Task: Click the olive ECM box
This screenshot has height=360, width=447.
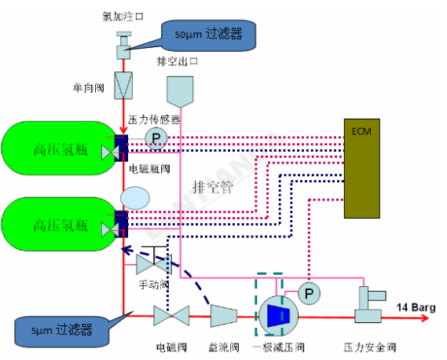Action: [x=361, y=168]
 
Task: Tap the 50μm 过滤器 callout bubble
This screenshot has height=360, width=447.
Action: [x=208, y=35]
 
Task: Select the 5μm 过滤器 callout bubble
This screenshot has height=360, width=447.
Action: [x=61, y=331]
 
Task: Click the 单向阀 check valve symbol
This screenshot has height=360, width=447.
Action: [x=123, y=86]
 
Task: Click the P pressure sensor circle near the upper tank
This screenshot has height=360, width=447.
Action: [x=156, y=138]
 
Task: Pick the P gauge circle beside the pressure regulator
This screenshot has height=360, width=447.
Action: [x=310, y=293]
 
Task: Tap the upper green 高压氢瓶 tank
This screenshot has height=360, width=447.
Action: [x=60, y=148]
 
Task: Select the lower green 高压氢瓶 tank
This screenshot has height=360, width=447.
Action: [x=60, y=224]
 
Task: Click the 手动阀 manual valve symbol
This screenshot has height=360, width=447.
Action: [x=154, y=260]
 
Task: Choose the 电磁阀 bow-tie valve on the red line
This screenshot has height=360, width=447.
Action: [x=171, y=316]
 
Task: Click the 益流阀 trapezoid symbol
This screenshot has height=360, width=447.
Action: [x=224, y=316]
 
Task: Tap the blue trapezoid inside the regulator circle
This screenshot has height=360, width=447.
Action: [x=279, y=316]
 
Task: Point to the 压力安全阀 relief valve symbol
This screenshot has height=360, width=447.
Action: [x=370, y=305]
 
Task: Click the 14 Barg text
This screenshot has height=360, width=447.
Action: [x=416, y=307]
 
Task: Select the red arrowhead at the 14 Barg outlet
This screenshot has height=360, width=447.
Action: [x=426, y=318]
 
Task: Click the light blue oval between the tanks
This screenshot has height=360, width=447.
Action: [x=135, y=198]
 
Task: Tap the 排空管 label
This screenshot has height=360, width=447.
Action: [x=213, y=187]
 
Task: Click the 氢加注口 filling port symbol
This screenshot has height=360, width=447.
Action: [x=123, y=46]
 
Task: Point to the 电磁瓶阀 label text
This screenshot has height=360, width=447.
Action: [x=150, y=169]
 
